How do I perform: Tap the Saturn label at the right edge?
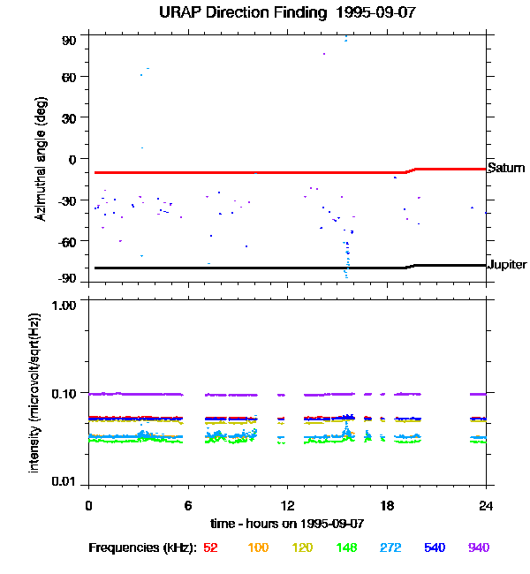click(x=506, y=168)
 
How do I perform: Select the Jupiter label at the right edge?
click(x=508, y=265)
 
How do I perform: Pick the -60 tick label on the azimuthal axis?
click(x=67, y=240)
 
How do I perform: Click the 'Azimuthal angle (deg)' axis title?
click(x=40, y=160)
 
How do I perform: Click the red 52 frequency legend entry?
click(x=210, y=548)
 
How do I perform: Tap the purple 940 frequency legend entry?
click(x=478, y=548)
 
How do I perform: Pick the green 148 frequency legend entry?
click(x=346, y=548)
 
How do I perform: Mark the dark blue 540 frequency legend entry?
click(x=435, y=548)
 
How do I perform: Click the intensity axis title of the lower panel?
click(x=34, y=391)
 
